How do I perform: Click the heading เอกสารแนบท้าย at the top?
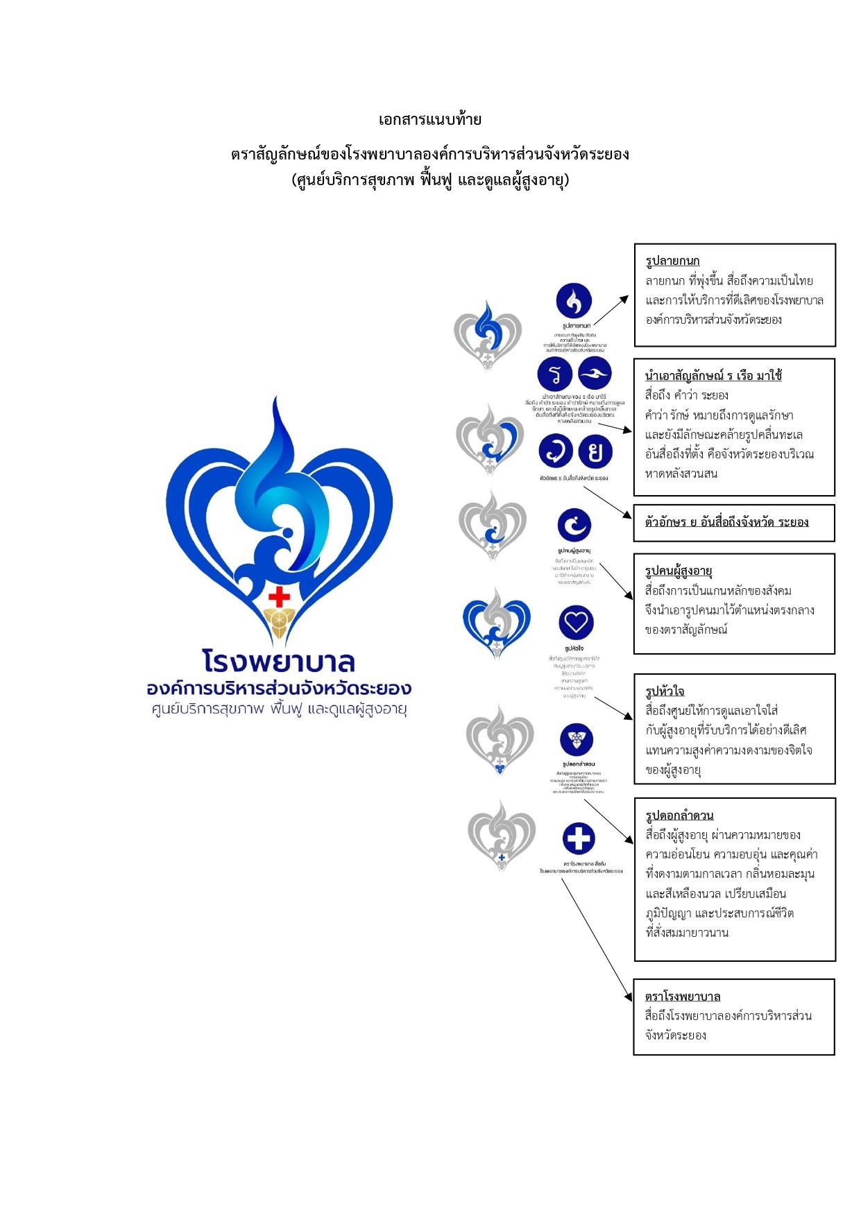(x=429, y=119)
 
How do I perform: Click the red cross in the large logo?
(x=279, y=596)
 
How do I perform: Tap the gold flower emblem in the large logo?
(x=279, y=622)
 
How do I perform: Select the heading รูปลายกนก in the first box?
(x=672, y=261)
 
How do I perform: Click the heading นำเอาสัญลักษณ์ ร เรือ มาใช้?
(x=713, y=376)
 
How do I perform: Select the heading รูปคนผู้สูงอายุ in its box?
(x=679, y=571)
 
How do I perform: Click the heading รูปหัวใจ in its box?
(x=665, y=691)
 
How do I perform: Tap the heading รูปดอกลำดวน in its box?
(x=679, y=815)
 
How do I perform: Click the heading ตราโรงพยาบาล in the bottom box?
(x=683, y=996)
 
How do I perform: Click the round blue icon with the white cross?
(x=579, y=838)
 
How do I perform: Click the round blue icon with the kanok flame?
(x=574, y=300)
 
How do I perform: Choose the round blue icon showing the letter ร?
(x=554, y=374)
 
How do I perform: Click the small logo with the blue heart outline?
(x=496, y=622)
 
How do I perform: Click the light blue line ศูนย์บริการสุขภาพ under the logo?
(x=279, y=709)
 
